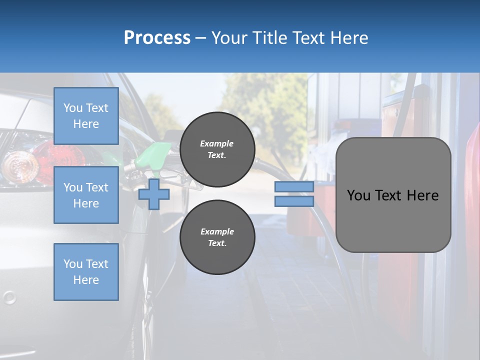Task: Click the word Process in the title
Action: tap(157, 38)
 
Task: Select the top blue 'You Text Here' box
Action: tap(86, 116)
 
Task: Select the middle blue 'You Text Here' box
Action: tap(86, 195)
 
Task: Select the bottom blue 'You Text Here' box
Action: tap(86, 272)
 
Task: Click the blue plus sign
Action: tap(154, 194)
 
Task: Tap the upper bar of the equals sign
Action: tap(294, 187)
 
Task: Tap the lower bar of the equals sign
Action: tap(294, 201)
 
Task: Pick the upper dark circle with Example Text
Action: tap(217, 149)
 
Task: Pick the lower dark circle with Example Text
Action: tap(217, 237)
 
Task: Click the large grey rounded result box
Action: tap(393, 220)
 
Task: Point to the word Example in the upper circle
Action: tap(216, 143)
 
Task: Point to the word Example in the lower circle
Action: tap(216, 231)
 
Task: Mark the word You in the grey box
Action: tap(358, 195)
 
